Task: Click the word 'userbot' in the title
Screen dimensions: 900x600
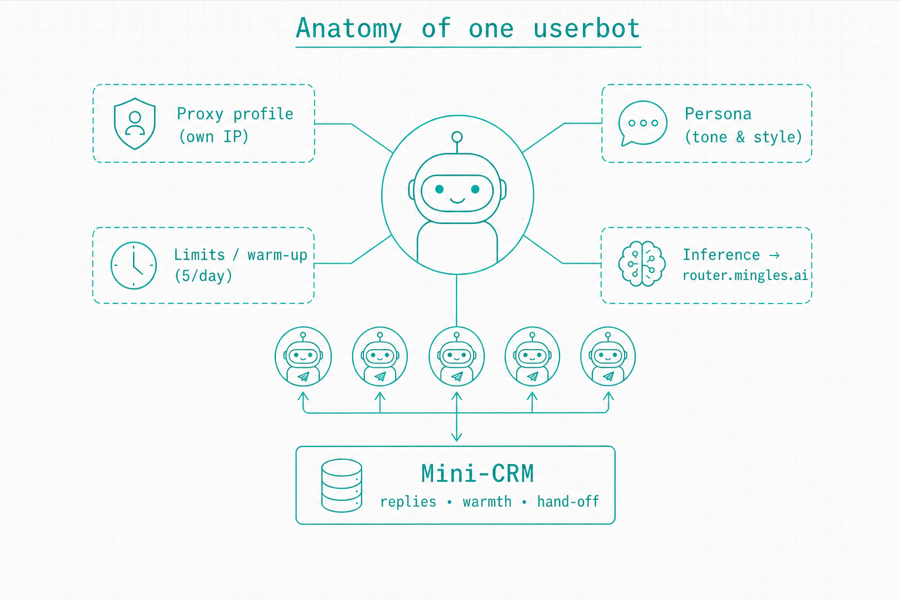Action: click(586, 28)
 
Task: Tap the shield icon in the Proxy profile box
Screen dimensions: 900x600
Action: click(135, 124)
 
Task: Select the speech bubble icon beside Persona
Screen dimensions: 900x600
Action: click(642, 123)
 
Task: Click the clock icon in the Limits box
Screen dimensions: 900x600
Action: click(134, 265)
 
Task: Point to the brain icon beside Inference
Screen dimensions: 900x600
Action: click(642, 264)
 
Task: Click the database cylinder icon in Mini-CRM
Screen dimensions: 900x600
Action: click(342, 486)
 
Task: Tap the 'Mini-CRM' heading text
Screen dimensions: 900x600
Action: click(478, 473)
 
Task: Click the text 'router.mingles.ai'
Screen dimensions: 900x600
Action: click(745, 275)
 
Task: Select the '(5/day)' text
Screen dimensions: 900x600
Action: click(203, 276)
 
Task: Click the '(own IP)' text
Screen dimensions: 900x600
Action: click(213, 137)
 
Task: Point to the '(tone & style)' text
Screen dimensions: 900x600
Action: click(744, 137)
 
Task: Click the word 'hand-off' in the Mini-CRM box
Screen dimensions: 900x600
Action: click(568, 502)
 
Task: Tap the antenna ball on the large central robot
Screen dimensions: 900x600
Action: click(457, 137)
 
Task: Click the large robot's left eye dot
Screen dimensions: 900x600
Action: click(439, 189)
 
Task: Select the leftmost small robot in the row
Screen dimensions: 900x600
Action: click(304, 356)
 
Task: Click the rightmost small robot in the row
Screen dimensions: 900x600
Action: click(608, 356)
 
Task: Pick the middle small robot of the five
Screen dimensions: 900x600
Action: click(456, 356)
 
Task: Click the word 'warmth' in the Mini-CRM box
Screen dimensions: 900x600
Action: click(487, 502)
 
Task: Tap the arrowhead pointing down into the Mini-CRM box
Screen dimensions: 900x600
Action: click(456, 437)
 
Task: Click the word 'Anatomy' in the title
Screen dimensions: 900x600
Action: click(349, 29)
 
